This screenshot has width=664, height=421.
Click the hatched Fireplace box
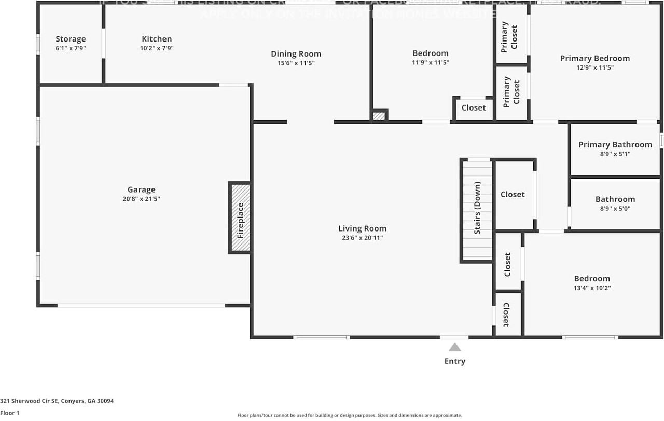click(240, 218)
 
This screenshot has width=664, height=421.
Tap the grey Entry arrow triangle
click(455, 347)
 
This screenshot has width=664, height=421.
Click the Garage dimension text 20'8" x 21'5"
click(141, 199)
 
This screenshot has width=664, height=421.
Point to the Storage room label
click(71, 39)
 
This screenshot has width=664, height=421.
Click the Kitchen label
click(157, 39)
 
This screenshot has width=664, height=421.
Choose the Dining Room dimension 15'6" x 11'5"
click(296, 63)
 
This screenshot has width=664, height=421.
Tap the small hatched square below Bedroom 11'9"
click(380, 116)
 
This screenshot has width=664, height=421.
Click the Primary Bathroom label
click(615, 144)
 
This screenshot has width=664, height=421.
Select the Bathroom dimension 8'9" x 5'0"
click(615, 209)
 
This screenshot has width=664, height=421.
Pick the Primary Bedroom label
click(595, 58)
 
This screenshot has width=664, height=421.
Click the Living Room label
click(362, 228)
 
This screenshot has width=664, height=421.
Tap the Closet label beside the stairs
click(513, 194)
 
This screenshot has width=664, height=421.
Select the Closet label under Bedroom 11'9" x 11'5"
click(474, 107)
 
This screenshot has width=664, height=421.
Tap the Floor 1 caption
click(10, 413)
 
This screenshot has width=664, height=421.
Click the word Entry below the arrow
click(455, 361)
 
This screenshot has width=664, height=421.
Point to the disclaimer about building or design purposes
click(350, 415)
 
